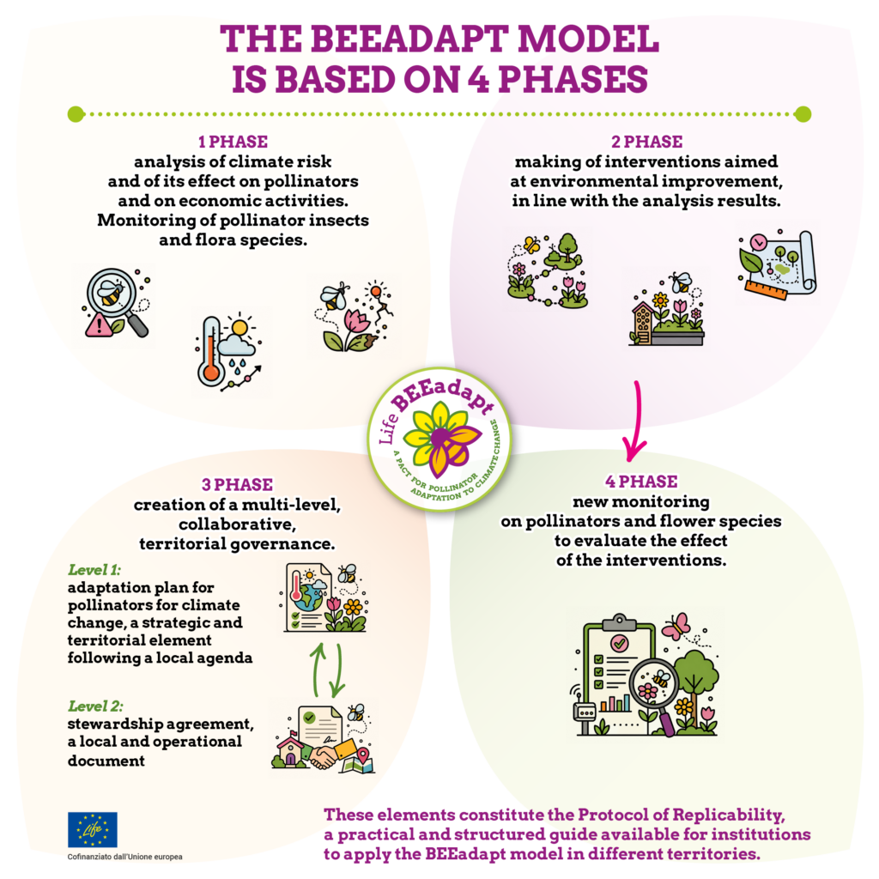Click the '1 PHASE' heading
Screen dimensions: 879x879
[233, 142]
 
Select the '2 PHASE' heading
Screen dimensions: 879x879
[647, 142]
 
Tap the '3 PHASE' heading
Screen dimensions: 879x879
[237, 484]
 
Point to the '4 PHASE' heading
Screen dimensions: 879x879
[641, 482]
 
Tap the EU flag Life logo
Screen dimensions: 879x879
[93, 829]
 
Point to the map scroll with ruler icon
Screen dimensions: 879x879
[777, 264]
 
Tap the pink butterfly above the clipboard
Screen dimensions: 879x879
[676, 626]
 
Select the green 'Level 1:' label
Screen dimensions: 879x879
[94, 570]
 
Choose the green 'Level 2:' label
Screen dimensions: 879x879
[95, 706]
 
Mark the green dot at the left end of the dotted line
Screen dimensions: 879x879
[76, 114]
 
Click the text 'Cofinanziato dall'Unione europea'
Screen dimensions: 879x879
[124, 857]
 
